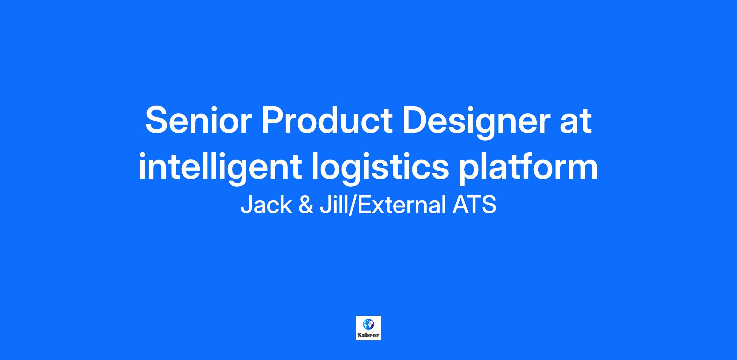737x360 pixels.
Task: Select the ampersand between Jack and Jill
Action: [x=306, y=205]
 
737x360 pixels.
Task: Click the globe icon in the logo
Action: [x=368, y=324]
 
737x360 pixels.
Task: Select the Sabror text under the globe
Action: [x=368, y=335]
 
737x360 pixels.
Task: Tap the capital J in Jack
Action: [x=246, y=205]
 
